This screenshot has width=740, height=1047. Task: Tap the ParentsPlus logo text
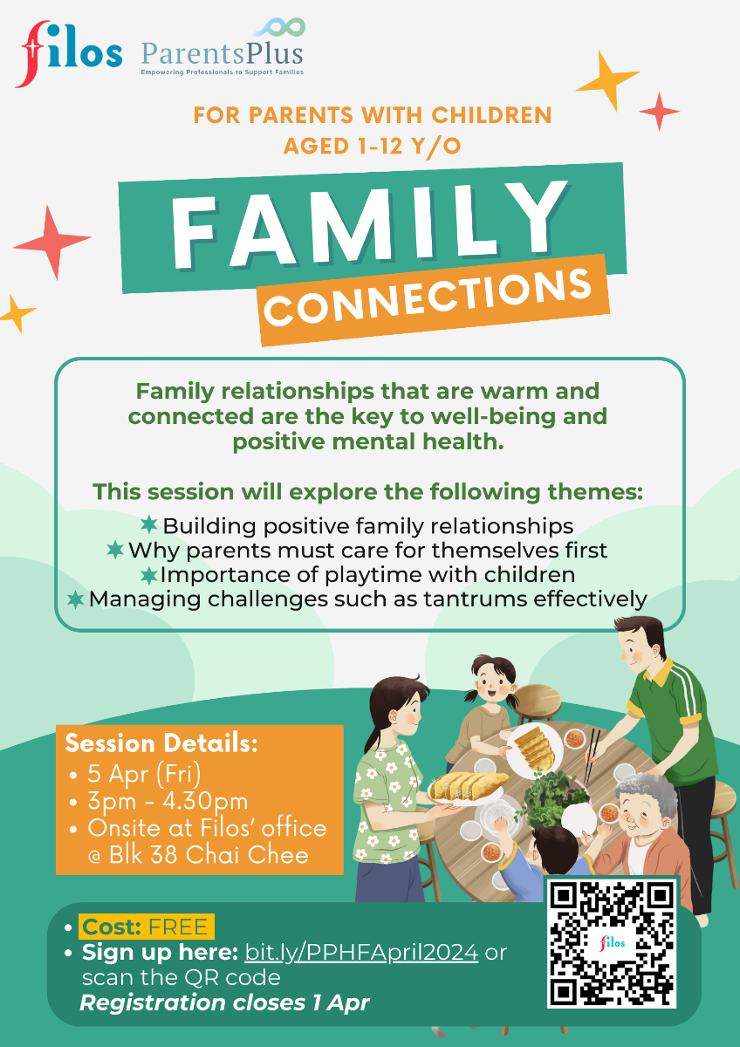point(222,54)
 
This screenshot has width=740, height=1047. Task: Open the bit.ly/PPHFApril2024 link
point(361,952)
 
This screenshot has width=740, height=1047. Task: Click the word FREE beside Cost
point(178,927)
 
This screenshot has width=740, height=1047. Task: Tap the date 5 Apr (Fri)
point(144,774)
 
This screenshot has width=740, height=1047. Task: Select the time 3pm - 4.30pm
point(168,801)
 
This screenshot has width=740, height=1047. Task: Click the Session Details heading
point(161,743)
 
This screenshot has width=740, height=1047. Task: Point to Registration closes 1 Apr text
point(224,1003)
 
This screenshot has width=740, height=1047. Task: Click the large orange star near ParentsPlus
point(606,80)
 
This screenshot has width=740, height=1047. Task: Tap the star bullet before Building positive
point(149,524)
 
